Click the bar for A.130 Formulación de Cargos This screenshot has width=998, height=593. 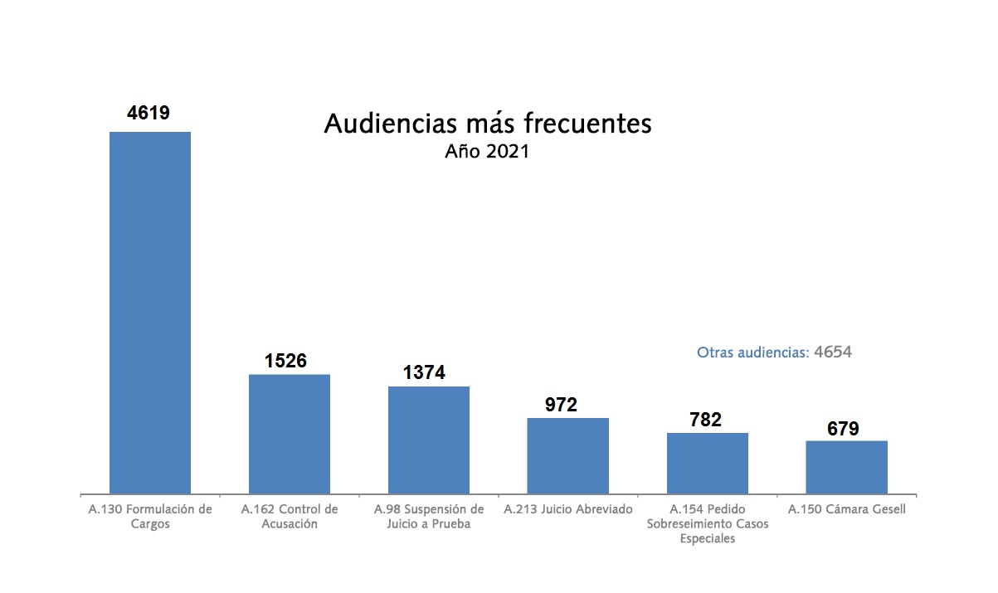(150, 313)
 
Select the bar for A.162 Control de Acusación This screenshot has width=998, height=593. (290, 434)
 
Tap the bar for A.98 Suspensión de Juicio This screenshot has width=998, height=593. (429, 440)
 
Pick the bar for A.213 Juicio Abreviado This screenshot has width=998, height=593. (568, 455)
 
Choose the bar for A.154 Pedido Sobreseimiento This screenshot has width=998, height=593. (708, 463)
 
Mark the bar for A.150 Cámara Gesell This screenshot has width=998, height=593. (847, 467)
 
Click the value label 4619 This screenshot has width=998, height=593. (148, 113)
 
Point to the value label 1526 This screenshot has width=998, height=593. (286, 361)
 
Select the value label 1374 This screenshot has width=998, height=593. (425, 373)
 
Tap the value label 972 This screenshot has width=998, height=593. (562, 405)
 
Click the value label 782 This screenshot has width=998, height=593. (705, 420)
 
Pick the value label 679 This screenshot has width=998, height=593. (843, 429)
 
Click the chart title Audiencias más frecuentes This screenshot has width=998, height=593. (487, 124)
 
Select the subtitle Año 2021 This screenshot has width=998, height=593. (487, 152)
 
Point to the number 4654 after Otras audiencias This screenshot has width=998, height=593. (833, 352)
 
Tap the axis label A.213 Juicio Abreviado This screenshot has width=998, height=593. (568, 509)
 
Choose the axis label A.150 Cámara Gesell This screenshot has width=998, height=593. (847, 509)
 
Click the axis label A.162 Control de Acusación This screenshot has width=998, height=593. (290, 517)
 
